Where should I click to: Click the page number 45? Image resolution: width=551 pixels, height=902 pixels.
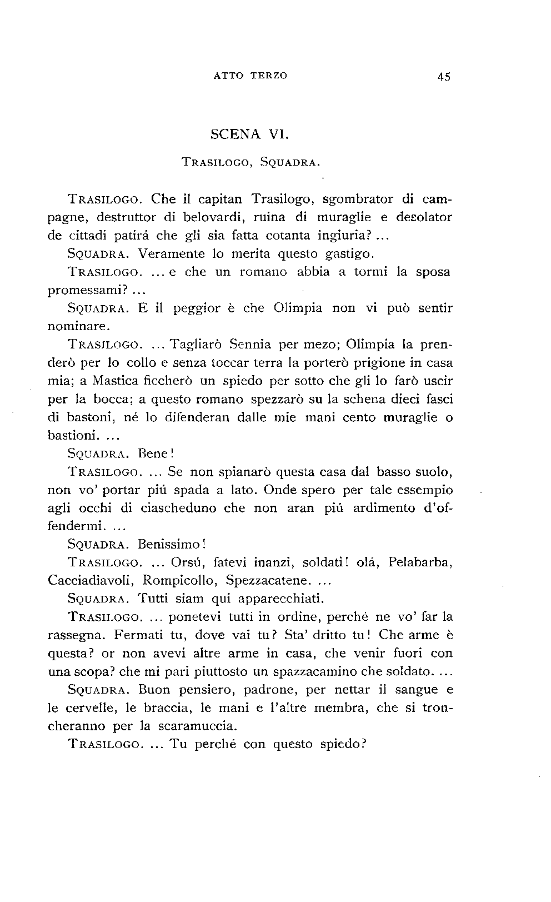443,77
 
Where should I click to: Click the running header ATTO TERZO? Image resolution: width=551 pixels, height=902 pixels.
250,76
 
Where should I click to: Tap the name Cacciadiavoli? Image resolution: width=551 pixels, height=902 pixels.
91,580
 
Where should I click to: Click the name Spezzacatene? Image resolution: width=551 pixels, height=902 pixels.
268,580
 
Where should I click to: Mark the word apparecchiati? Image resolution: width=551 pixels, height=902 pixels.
280,599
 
